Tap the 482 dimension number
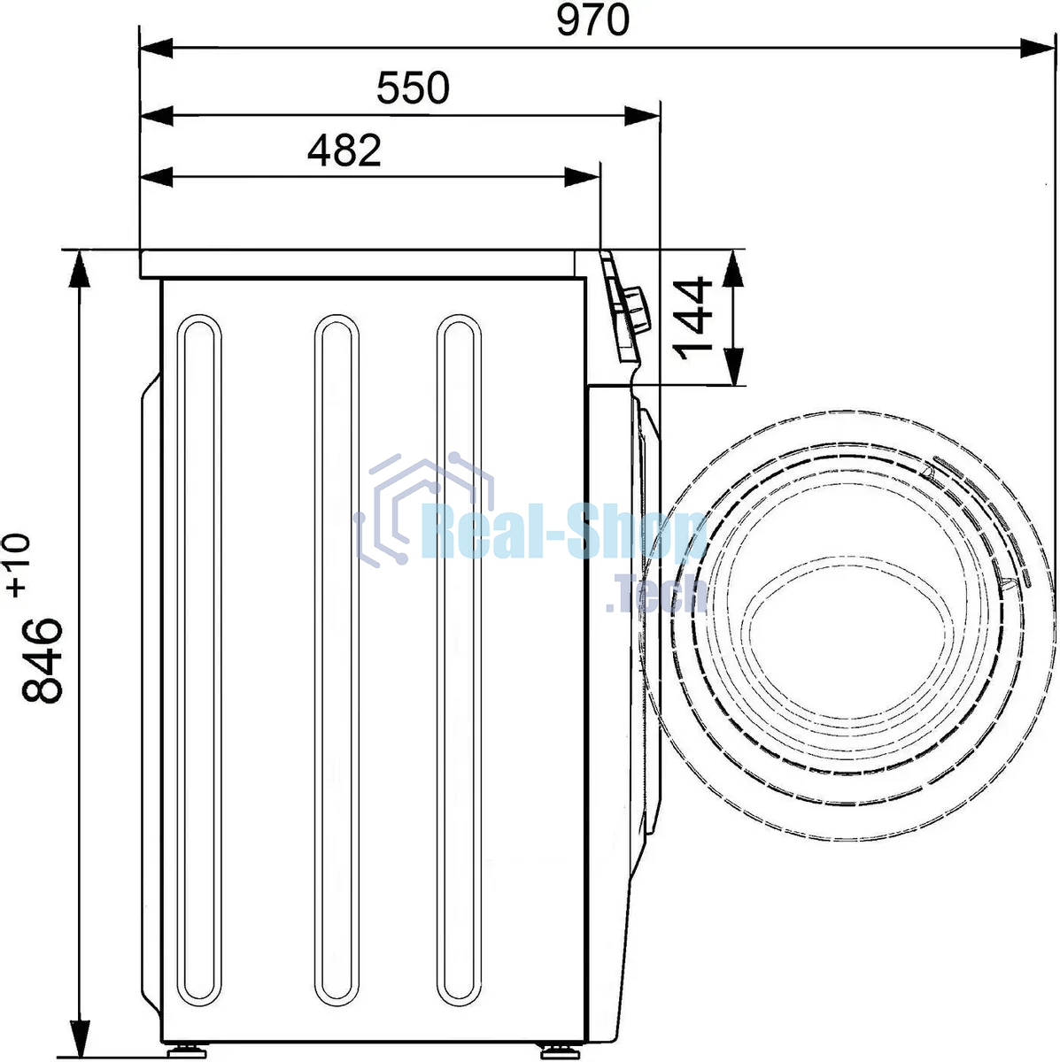point(344,150)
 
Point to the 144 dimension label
point(692,318)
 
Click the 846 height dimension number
point(42,660)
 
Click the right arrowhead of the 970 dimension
point(1037,48)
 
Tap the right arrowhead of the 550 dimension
point(642,116)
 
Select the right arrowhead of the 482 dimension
point(583,178)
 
